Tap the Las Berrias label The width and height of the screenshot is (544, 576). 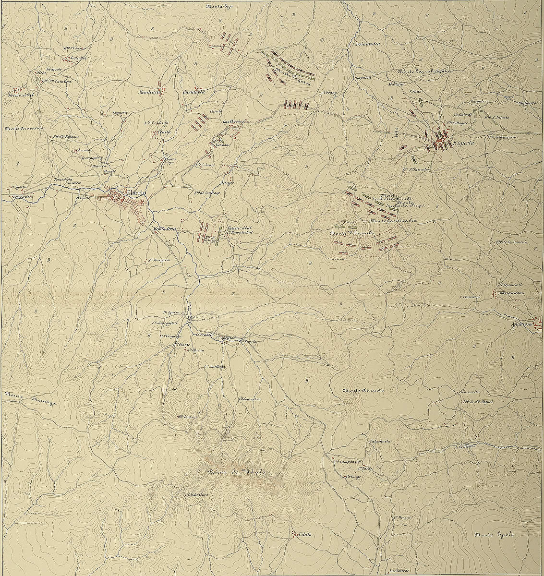[x=234, y=121]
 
